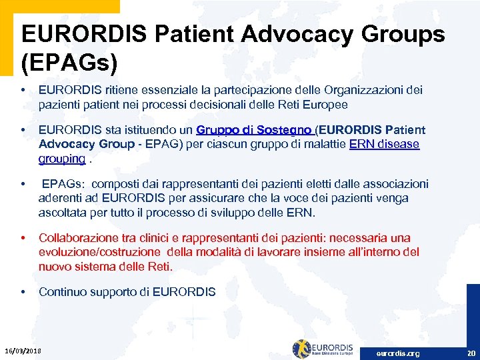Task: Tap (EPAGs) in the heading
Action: click(x=69, y=63)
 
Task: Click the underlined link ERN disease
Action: click(x=384, y=145)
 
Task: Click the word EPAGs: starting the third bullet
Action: click(x=64, y=184)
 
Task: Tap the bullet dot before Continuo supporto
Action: click(x=23, y=292)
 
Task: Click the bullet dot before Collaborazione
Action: click(x=23, y=238)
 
